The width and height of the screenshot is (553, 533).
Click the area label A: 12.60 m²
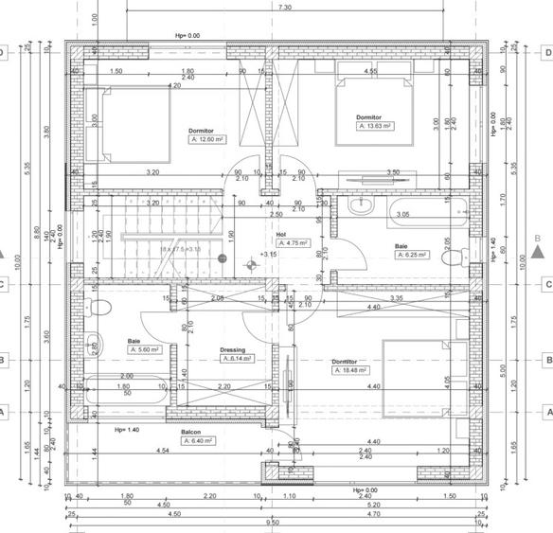coord(207,139)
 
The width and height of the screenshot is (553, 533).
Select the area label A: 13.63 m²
coord(374,125)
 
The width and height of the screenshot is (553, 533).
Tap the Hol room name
coord(280,234)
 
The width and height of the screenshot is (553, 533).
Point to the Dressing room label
coord(233,349)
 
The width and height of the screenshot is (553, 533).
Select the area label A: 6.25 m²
coord(413,255)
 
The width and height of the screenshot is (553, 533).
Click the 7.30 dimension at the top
coord(285,7)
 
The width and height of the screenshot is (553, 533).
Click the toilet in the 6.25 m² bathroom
coord(455,255)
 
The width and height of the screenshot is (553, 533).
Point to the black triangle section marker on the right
coord(538,252)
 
